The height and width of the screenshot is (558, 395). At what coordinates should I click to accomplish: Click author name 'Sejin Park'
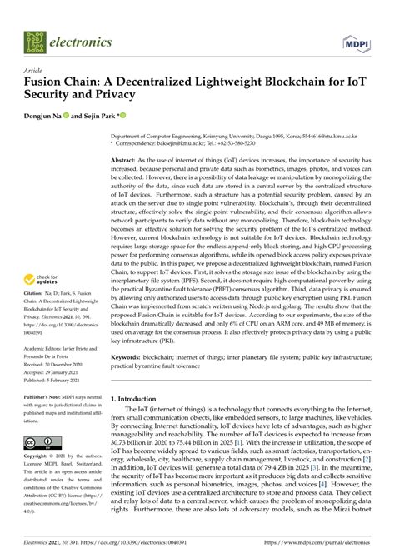pyautogui.click(x=99, y=117)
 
